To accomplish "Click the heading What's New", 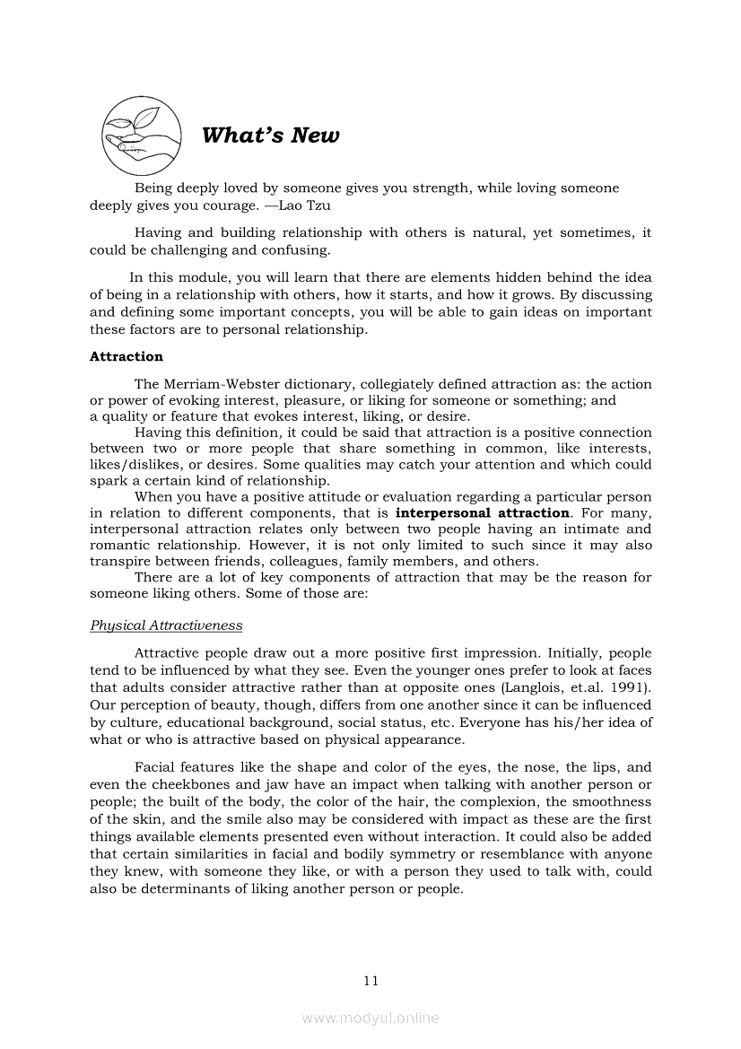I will tap(271, 135).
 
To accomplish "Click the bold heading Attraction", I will tap(126, 356).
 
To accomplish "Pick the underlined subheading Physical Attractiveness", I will tap(166, 625).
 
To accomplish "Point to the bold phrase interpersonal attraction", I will tap(483, 513).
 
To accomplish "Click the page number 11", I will tap(371, 981).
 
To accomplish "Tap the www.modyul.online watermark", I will tap(370, 1018).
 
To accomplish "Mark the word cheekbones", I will tap(164, 785).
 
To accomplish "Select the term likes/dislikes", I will tap(134, 465).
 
